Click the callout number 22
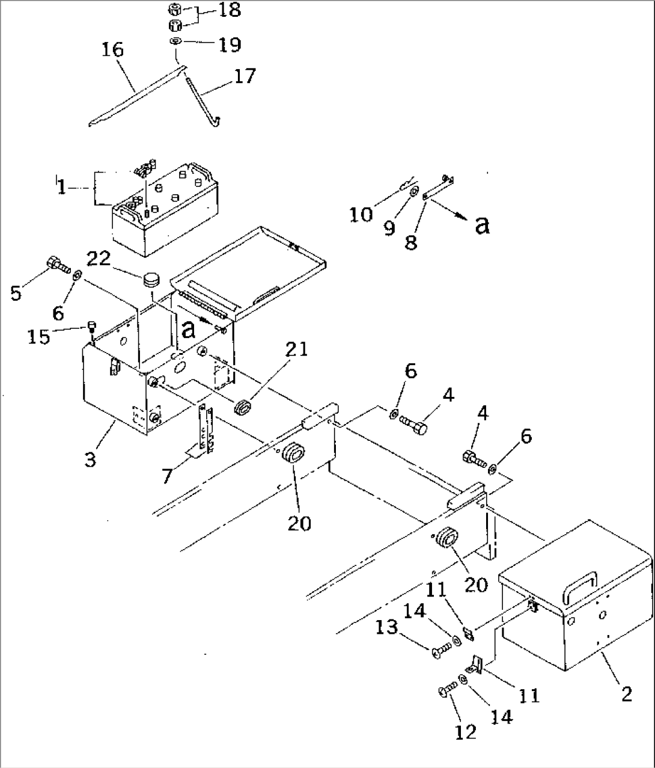(99, 259)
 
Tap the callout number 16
(112, 50)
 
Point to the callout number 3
(91, 460)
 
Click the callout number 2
(626, 695)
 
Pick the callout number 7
(167, 476)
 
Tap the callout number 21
(300, 349)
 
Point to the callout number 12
(465, 731)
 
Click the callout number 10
(362, 215)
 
